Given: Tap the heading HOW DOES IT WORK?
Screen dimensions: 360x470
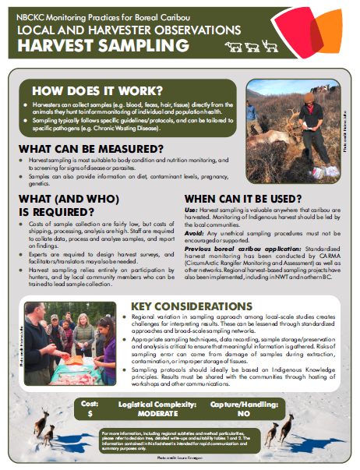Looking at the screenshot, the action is click(104, 90).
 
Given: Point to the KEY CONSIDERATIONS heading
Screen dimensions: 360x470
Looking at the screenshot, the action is click(187, 305).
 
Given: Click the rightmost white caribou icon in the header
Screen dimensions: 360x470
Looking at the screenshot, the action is click(270, 47).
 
